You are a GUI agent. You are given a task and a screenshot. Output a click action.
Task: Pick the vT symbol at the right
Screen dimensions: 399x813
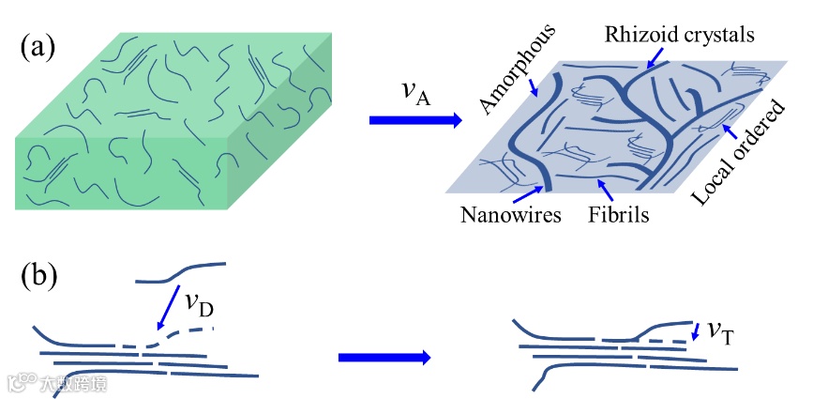(719, 330)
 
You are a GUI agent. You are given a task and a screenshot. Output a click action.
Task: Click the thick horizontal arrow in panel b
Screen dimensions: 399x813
(384, 357)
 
